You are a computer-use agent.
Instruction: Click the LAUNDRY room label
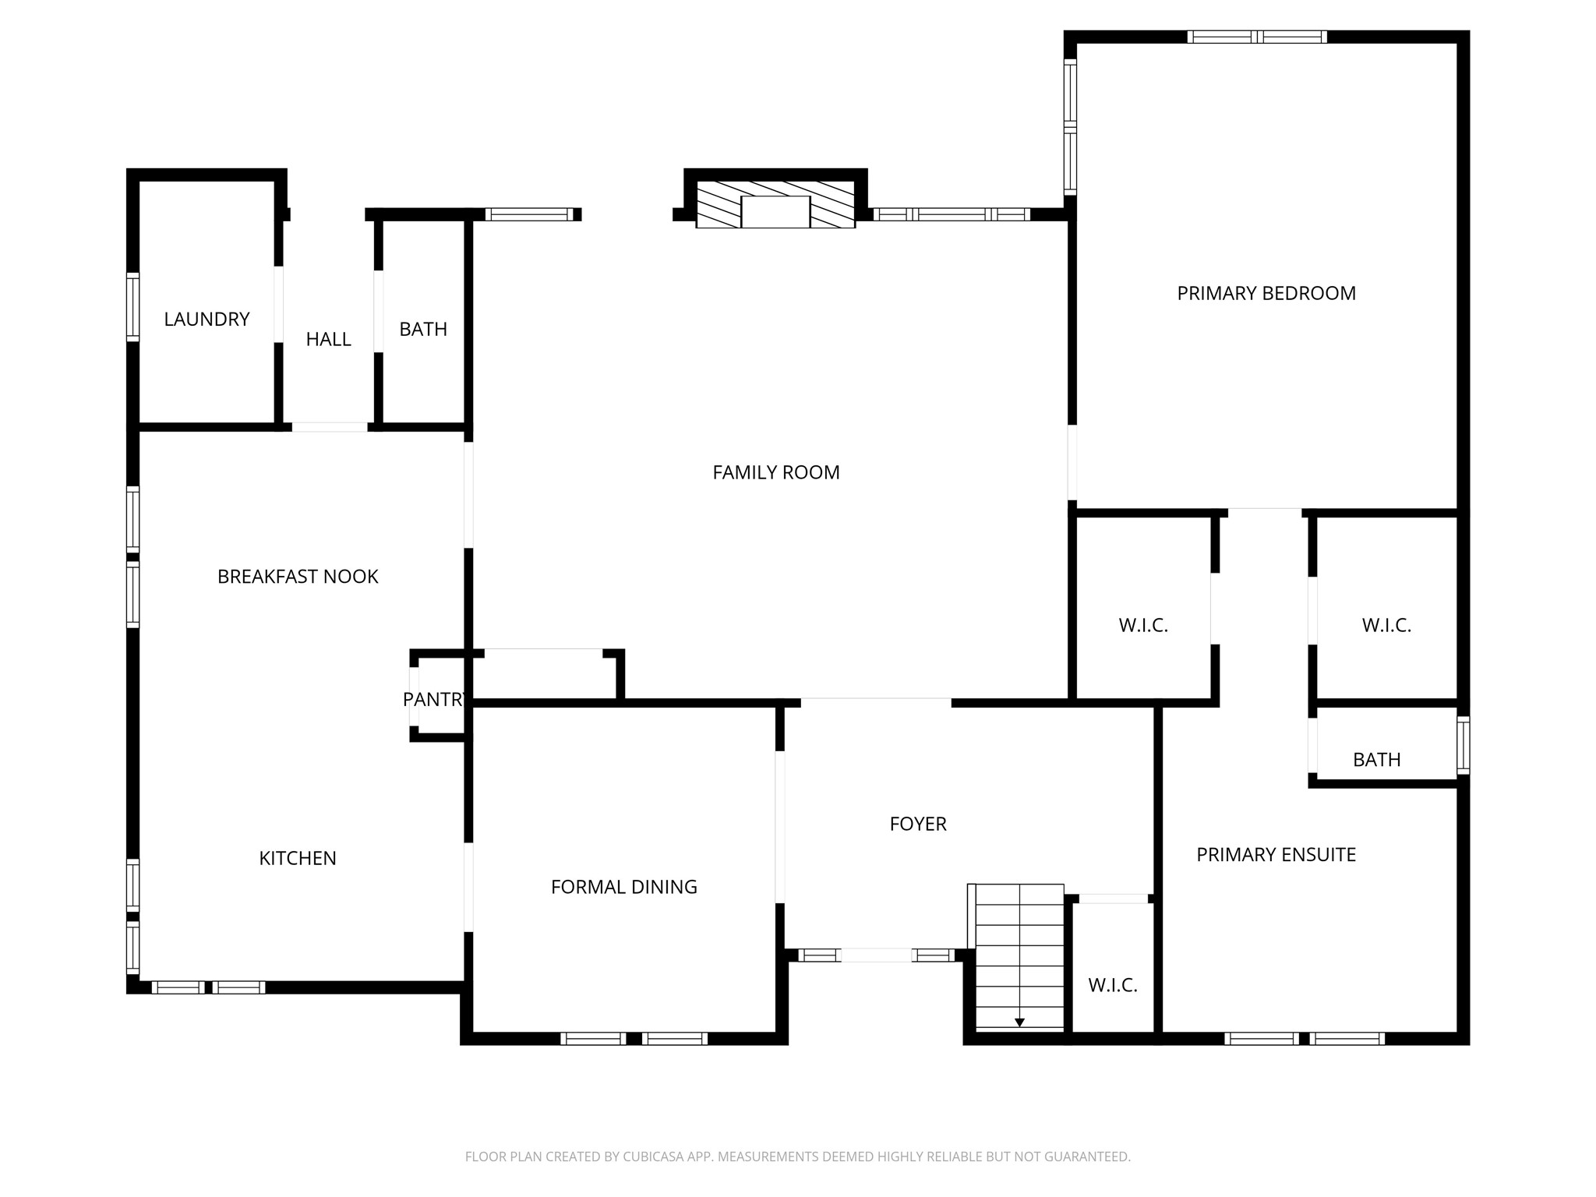click(207, 319)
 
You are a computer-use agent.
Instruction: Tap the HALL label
click(328, 339)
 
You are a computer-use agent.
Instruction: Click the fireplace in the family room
click(775, 211)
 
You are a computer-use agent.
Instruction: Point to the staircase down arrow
click(1019, 1022)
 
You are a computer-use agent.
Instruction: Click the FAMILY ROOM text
click(776, 472)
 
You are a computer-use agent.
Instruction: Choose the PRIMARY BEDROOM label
click(1266, 293)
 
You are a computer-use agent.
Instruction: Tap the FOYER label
click(918, 824)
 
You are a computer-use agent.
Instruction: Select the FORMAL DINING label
click(623, 887)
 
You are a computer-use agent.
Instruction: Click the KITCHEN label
click(298, 858)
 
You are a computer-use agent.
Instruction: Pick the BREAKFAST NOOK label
click(298, 577)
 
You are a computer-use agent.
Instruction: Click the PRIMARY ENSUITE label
click(1276, 855)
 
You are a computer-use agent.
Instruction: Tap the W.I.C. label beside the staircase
click(1113, 985)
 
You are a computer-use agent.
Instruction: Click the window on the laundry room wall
click(133, 307)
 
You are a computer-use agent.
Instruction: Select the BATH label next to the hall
click(423, 329)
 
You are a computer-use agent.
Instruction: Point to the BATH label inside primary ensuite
click(1377, 760)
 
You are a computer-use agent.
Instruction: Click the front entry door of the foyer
click(876, 955)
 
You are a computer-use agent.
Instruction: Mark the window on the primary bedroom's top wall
click(1257, 37)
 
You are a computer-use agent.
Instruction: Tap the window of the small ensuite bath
click(1464, 745)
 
